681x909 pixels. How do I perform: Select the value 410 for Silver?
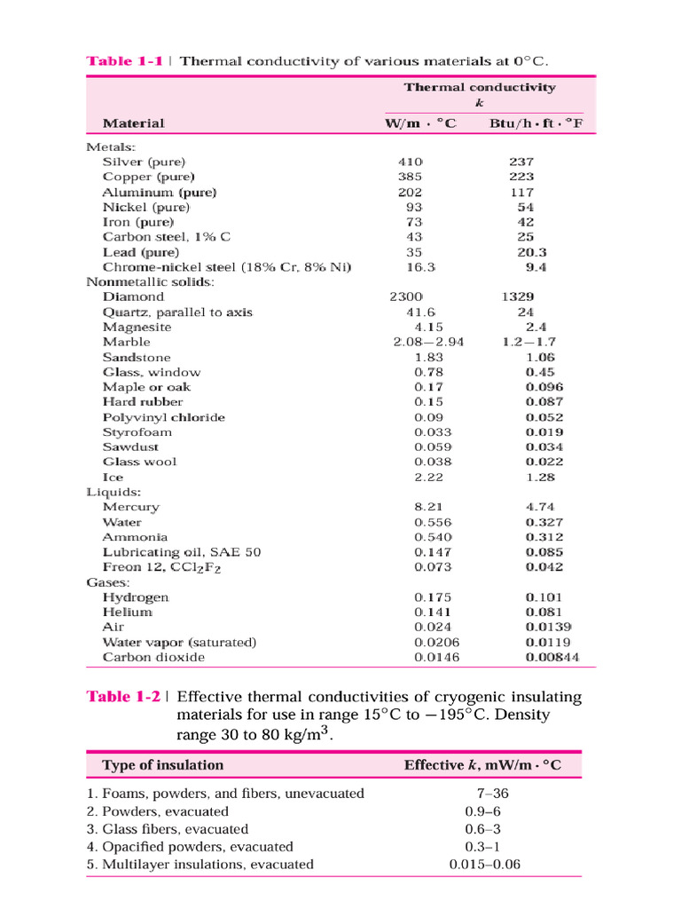pos(412,162)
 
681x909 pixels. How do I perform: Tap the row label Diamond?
pos(134,296)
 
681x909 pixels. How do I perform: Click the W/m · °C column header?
pos(420,123)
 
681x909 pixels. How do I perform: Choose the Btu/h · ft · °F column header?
pos(536,123)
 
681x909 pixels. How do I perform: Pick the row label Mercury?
pos(131,507)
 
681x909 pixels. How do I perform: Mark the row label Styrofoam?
pos(137,432)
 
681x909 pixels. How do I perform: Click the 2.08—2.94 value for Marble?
pos(429,342)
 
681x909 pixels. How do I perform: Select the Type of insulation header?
pos(163,765)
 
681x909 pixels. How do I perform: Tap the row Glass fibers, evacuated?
pos(166,829)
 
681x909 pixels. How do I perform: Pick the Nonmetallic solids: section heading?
pos(150,281)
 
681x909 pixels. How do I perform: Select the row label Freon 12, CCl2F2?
pos(159,566)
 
